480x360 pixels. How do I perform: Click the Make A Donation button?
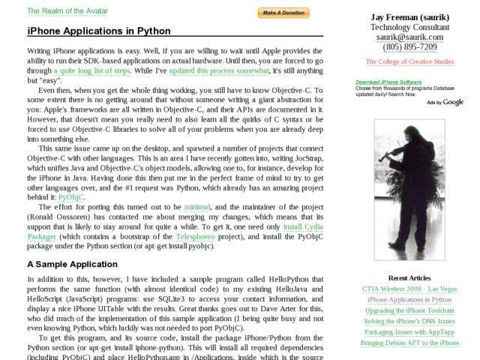point(283,13)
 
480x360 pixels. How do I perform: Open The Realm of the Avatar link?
point(67,11)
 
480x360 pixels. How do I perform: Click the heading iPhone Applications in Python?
point(99,31)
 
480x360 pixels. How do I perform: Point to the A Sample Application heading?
point(72,265)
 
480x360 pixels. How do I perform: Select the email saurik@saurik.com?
point(409,37)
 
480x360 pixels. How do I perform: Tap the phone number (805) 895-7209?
point(409,46)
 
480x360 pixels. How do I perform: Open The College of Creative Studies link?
point(409,61)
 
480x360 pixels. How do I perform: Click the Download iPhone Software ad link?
point(388,82)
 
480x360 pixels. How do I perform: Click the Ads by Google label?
point(445,102)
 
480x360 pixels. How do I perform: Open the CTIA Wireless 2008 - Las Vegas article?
point(409,289)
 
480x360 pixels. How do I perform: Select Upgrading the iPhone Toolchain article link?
point(409,310)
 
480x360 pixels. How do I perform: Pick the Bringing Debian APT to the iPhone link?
point(409,343)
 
